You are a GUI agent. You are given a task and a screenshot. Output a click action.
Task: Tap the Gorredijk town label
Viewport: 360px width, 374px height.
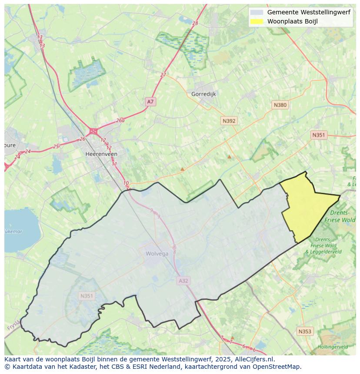[x=203, y=94]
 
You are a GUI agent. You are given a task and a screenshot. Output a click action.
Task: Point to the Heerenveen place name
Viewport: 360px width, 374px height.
[x=101, y=154]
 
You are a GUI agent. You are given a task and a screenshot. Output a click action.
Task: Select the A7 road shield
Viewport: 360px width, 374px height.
[x=150, y=102]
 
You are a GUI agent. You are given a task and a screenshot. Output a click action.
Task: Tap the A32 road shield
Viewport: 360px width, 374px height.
[x=183, y=281]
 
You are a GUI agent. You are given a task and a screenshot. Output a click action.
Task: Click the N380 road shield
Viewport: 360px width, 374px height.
[x=280, y=105]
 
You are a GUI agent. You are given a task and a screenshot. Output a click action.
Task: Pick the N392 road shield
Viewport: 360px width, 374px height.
[x=229, y=121]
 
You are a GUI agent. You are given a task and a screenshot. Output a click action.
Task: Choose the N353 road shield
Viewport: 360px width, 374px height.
[x=304, y=331]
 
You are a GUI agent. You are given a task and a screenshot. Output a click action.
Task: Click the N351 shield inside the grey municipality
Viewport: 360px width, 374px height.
[x=87, y=296]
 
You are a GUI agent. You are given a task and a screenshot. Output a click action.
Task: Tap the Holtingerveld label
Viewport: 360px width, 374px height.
[x=332, y=347]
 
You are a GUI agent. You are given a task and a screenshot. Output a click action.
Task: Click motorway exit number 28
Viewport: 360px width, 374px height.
[x=195, y=23]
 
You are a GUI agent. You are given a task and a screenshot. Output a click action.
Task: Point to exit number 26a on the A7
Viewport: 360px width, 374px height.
[x=120, y=121]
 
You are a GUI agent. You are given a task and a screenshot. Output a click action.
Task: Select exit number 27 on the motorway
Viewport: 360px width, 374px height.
[x=163, y=75]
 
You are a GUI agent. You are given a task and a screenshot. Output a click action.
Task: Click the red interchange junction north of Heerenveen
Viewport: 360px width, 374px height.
[x=93, y=131]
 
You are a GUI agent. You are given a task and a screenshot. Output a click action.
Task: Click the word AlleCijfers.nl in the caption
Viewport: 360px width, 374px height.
[x=253, y=360]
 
